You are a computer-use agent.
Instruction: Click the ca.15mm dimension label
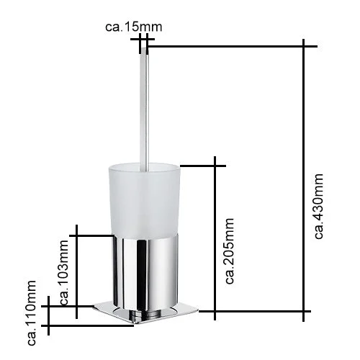(134, 27)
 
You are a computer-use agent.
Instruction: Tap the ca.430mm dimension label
(319, 206)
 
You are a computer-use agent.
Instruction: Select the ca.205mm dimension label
(229, 251)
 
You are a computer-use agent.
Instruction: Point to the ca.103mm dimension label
(64, 272)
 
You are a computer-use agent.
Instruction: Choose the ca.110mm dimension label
(32, 312)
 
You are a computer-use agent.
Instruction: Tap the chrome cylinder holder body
(146, 272)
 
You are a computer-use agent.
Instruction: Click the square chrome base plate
(146, 312)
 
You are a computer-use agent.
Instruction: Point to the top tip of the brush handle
(144, 48)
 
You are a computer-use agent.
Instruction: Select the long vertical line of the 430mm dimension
(304, 180)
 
